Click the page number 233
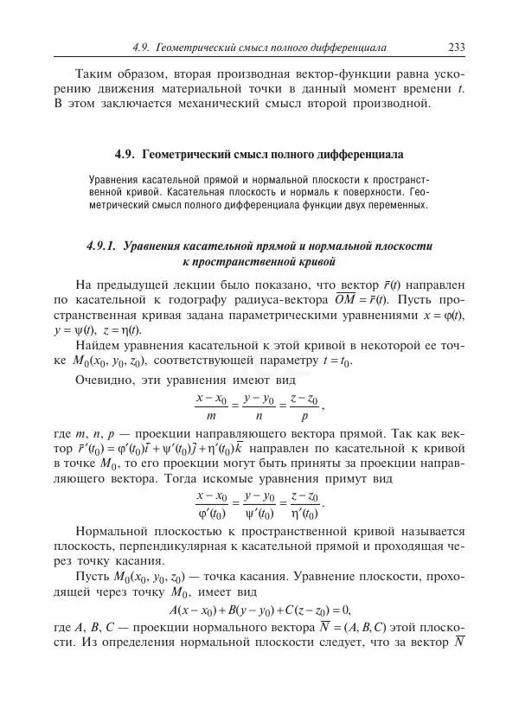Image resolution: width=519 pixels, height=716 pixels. [458, 48]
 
